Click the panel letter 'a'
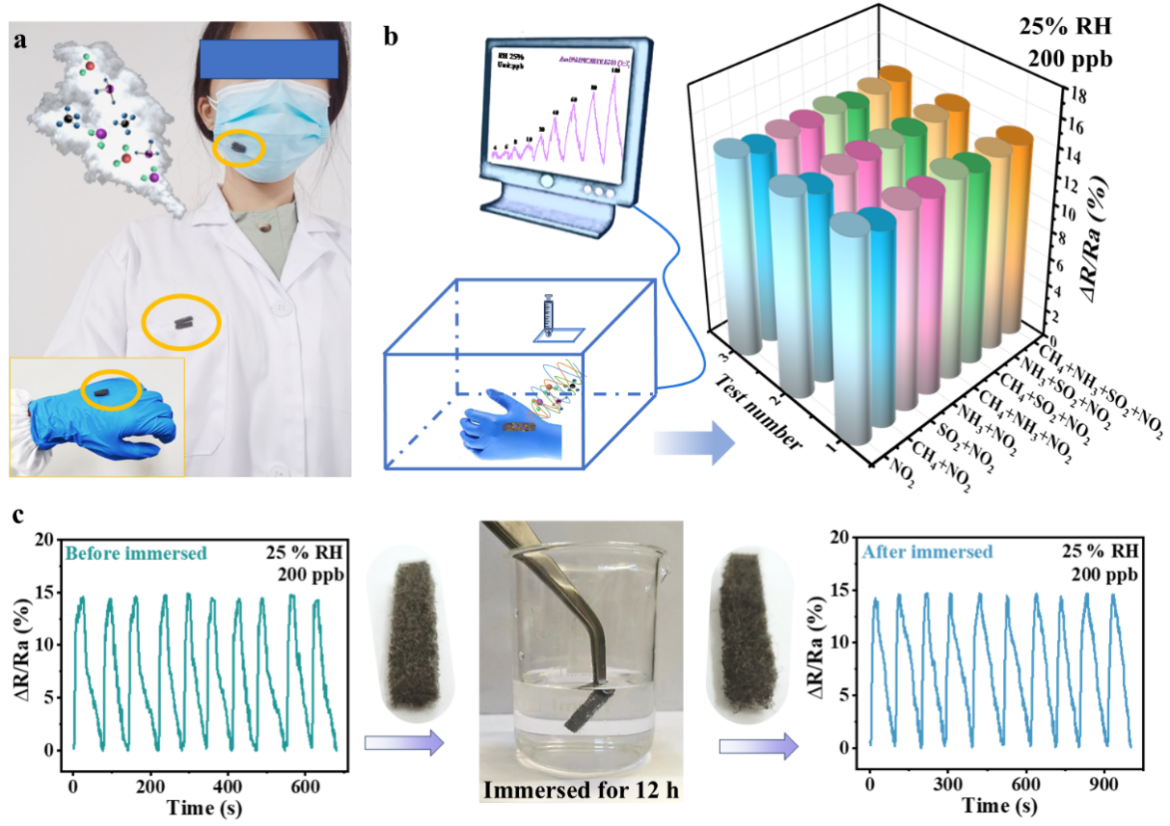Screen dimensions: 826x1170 point(18,40)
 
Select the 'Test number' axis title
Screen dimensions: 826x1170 point(758,413)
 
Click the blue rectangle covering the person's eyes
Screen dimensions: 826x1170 point(267,58)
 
